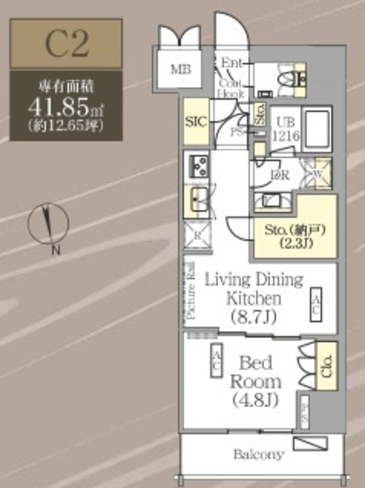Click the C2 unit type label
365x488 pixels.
(67, 43)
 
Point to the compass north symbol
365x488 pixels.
(48, 224)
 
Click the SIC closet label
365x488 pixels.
(196, 122)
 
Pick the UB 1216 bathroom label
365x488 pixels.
(285, 128)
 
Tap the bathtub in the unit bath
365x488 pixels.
(316, 129)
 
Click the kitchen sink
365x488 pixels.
(199, 199)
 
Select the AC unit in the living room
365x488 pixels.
(315, 304)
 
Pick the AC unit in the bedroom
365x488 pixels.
(216, 360)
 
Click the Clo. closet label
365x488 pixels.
(326, 366)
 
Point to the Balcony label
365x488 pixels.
(259, 454)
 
